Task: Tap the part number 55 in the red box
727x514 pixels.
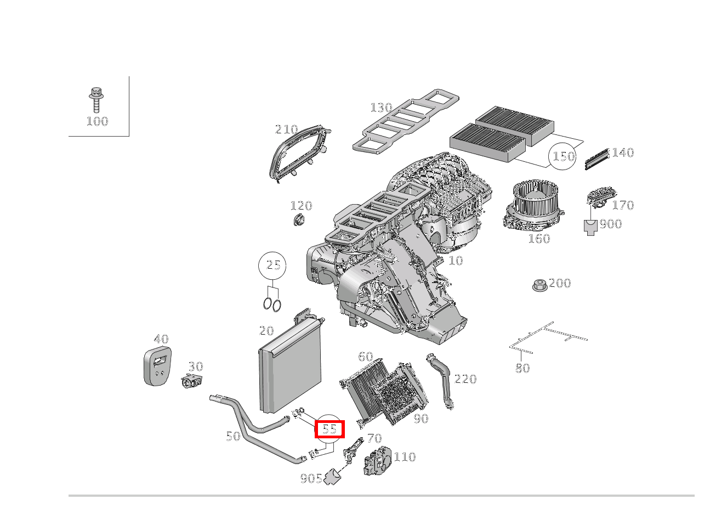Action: tap(329, 429)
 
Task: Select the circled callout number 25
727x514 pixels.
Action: tap(273, 266)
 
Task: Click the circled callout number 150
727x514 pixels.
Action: tap(563, 156)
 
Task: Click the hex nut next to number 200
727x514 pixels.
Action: tap(538, 285)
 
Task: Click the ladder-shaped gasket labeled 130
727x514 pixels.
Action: tap(406, 121)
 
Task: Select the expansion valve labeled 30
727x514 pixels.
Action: tap(192, 382)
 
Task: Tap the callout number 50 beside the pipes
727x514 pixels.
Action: tap(233, 436)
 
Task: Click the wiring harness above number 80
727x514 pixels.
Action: tap(548, 336)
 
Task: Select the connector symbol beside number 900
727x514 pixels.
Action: tap(590, 227)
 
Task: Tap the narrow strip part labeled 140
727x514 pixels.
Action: tap(597, 158)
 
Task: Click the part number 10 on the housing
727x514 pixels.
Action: tap(456, 261)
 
